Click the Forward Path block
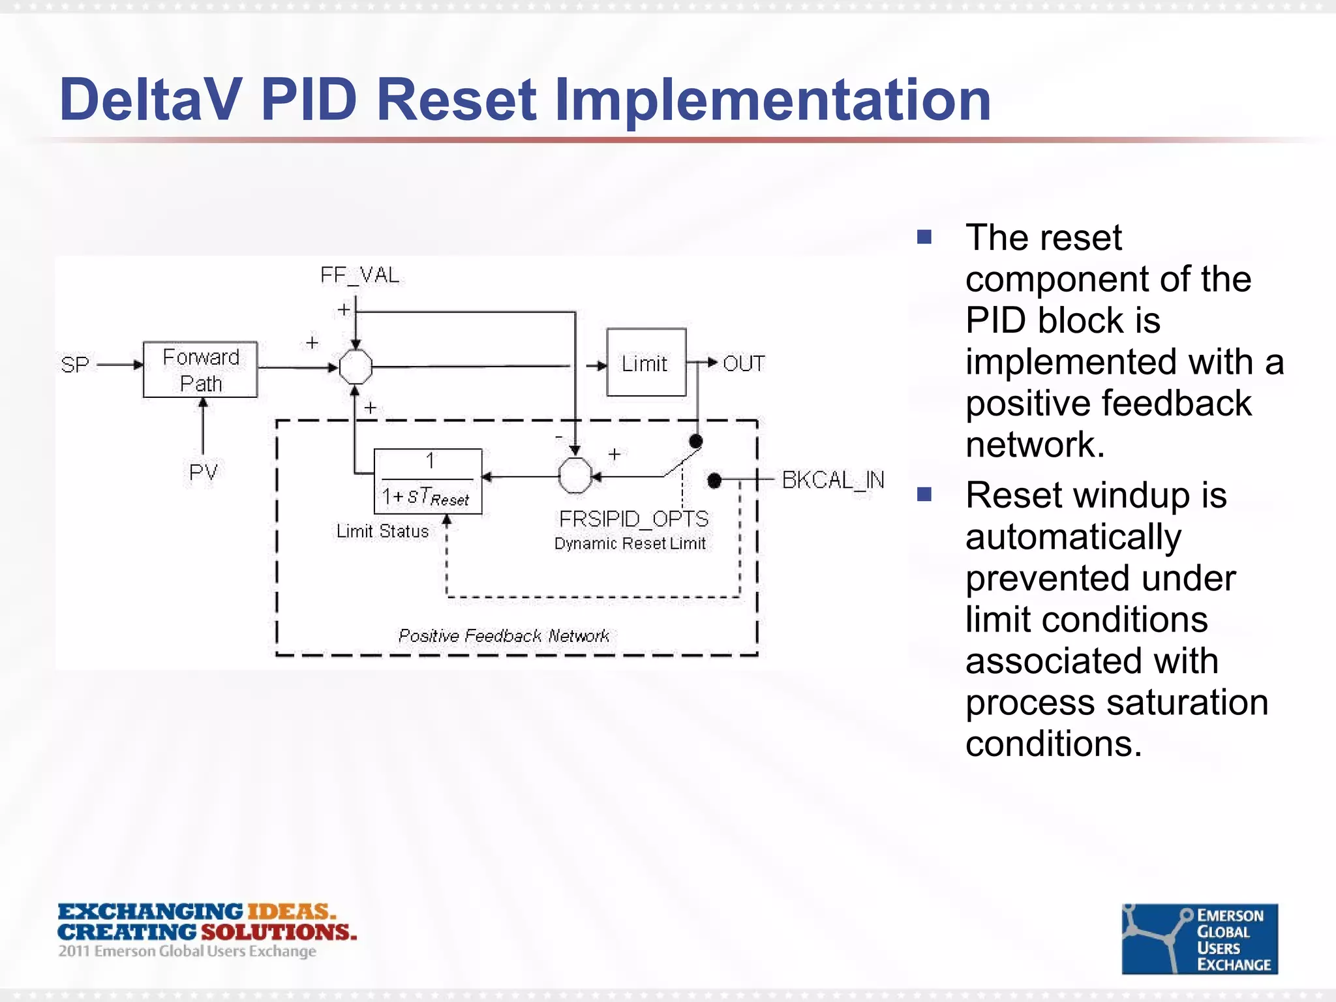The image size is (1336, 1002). coord(200,369)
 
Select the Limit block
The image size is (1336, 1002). coord(646,363)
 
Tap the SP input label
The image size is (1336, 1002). coord(74,365)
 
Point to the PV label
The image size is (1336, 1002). coord(203,472)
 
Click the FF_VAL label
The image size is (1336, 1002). coord(359,275)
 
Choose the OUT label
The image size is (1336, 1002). coord(744,363)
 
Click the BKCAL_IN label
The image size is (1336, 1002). coord(833,480)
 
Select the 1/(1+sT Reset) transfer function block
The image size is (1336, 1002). coord(428,481)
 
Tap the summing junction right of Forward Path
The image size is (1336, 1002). coord(356,367)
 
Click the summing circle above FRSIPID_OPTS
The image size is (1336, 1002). coord(575,476)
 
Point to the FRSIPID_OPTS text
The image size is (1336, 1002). coord(633,519)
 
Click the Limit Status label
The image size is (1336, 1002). coord(382,531)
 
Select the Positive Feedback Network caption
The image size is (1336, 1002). coord(504,635)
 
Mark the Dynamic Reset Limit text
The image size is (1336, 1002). coord(630,543)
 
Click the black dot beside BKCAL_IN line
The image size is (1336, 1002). coord(714,481)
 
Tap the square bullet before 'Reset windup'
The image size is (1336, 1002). coord(924,494)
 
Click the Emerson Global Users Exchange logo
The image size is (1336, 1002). coord(1199,939)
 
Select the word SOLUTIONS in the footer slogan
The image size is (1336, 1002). coord(279,932)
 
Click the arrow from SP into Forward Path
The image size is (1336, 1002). coord(120,365)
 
